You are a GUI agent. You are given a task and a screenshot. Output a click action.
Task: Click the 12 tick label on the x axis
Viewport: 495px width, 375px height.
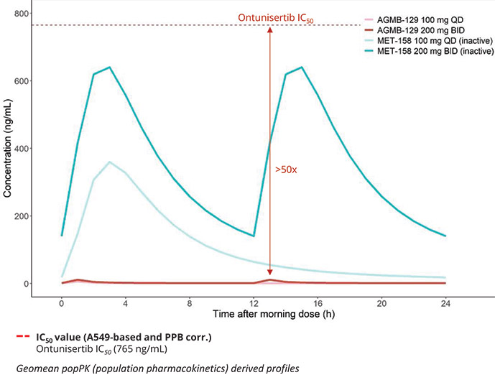(254, 303)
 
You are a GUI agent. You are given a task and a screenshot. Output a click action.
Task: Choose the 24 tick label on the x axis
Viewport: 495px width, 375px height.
(445, 303)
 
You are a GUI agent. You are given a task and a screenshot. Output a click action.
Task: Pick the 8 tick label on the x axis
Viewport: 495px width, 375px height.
(190, 303)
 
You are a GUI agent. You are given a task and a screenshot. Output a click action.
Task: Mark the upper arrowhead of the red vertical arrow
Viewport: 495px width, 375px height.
(269, 30)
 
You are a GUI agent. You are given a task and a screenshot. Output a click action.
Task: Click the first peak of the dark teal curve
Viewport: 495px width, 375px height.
(109, 68)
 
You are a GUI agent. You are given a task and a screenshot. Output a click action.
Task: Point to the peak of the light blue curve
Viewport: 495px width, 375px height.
(109, 162)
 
